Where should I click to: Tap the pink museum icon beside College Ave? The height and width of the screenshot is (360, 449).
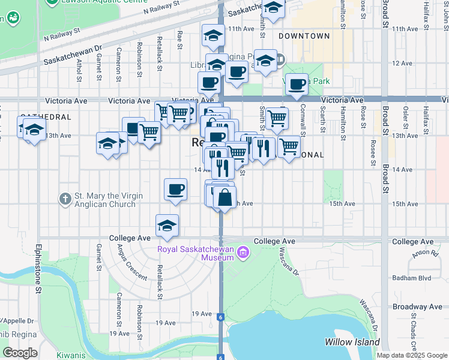tap(243, 251)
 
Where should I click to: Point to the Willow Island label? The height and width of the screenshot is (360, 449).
tap(352, 342)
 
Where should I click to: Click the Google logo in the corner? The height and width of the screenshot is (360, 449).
tap(20, 353)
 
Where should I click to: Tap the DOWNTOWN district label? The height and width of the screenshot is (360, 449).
tap(304, 36)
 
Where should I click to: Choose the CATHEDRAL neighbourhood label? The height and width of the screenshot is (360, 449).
tap(46, 117)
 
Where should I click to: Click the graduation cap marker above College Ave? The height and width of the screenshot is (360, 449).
tap(167, 225)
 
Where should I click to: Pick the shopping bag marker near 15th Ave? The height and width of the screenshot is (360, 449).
tap(224, 197)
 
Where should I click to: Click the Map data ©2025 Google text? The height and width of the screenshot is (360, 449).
tap(411, 355)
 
